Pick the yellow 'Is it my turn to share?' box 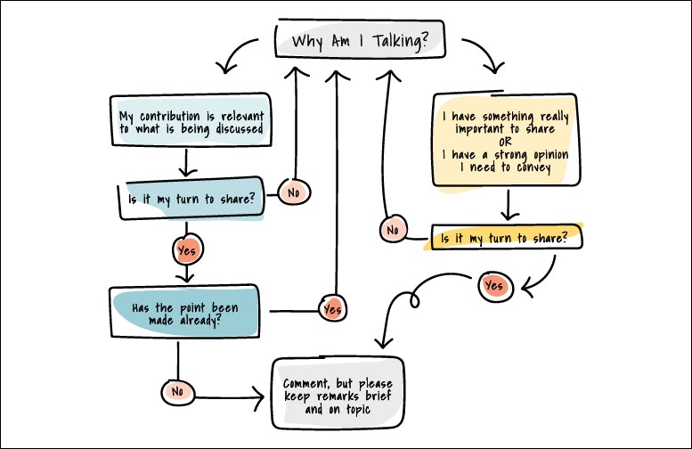505,239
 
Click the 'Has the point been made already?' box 185,312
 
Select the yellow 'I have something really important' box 504,142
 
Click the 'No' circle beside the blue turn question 292,191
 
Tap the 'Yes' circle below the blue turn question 186,251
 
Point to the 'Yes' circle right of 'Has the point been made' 332,309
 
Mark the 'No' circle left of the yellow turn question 391,230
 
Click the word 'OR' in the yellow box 504,142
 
